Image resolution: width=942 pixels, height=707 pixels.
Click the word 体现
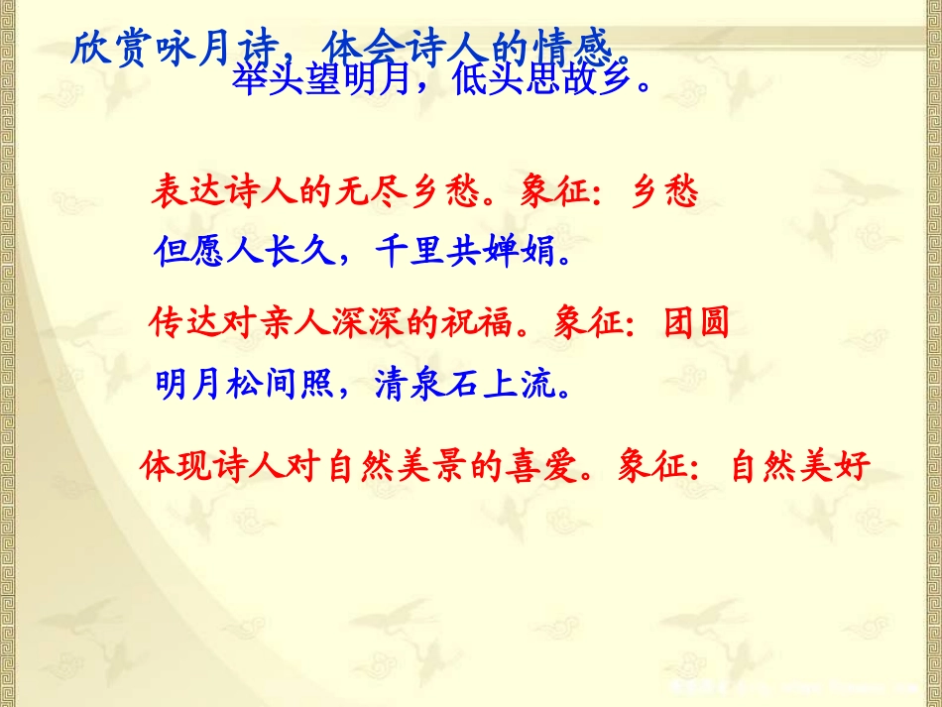176,465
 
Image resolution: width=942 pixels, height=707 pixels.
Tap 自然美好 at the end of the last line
800,465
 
